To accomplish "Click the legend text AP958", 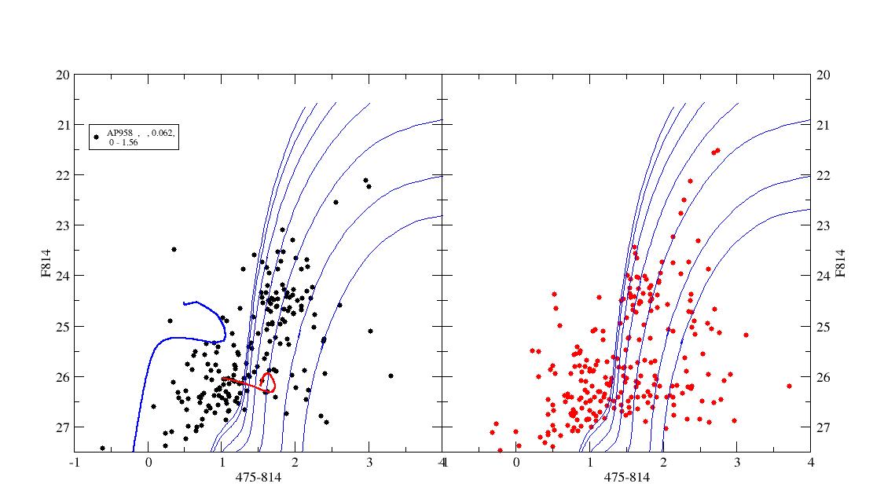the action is tap(119, 133).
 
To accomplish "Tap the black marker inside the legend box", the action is tap(97, 137).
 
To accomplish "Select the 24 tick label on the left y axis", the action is tap(64, 276).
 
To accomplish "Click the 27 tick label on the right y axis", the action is tap(823, 427).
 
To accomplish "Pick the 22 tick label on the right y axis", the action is tap(823, 175).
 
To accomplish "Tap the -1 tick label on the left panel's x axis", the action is tap(74, 463).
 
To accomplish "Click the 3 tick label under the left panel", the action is tap(369, 463).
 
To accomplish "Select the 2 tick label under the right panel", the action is tap(663, 463).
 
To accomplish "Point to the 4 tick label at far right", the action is tap(811, 463).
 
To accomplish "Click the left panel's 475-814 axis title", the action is tap(259, 478).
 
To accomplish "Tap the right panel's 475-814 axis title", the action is tap(627, 478).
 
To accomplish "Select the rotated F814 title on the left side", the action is tap(46, 263).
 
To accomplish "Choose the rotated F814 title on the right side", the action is tap(841, 263).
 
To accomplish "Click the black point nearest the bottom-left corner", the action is tap(103, 448).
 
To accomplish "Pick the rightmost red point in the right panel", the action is tap(789, 387).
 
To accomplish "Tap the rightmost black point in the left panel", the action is tap(391, 376).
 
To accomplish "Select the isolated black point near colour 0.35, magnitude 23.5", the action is tap(174, 249).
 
